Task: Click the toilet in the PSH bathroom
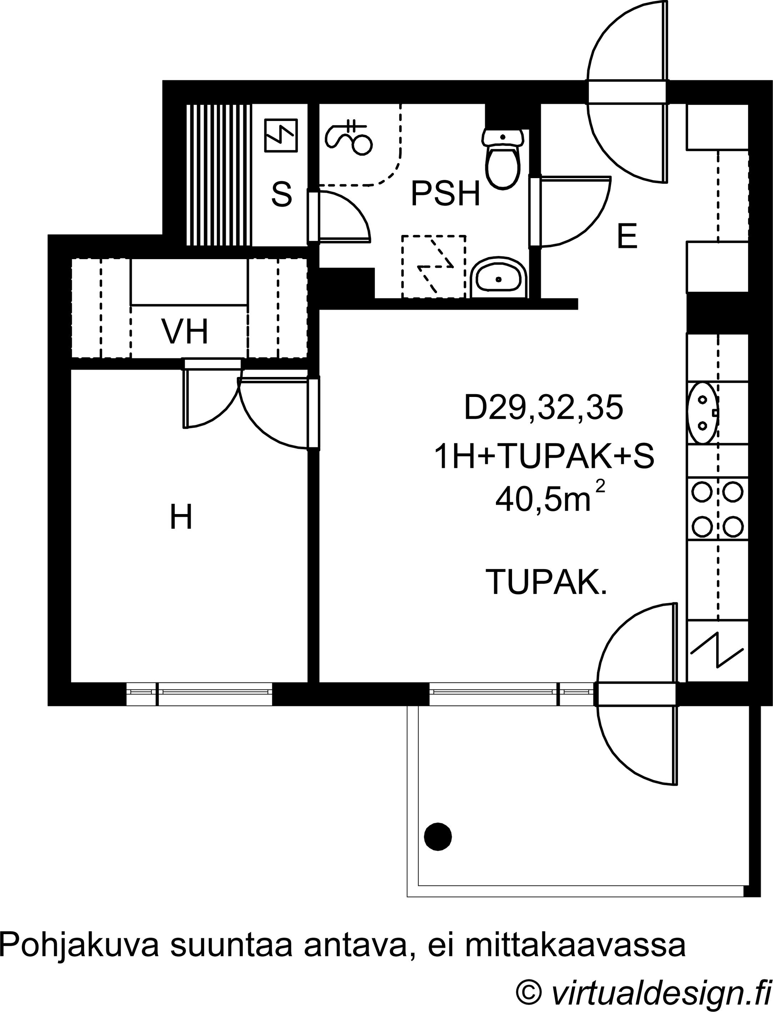click(x=503, y=158)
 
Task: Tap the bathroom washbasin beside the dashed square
click(x=499, y=277)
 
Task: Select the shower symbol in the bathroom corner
click(x=348, y=137)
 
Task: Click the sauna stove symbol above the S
click(x=281, y=135)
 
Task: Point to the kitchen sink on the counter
click(x=703, y=413)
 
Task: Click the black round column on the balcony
click(x=438, y=836)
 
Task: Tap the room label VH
click(x=185, y=332)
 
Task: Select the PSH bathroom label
click(x=445, y=194)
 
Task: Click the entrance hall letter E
click(x=627, y=236)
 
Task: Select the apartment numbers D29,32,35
click(x=543, y=408)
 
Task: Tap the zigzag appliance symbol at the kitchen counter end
click(x=717, y=650)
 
